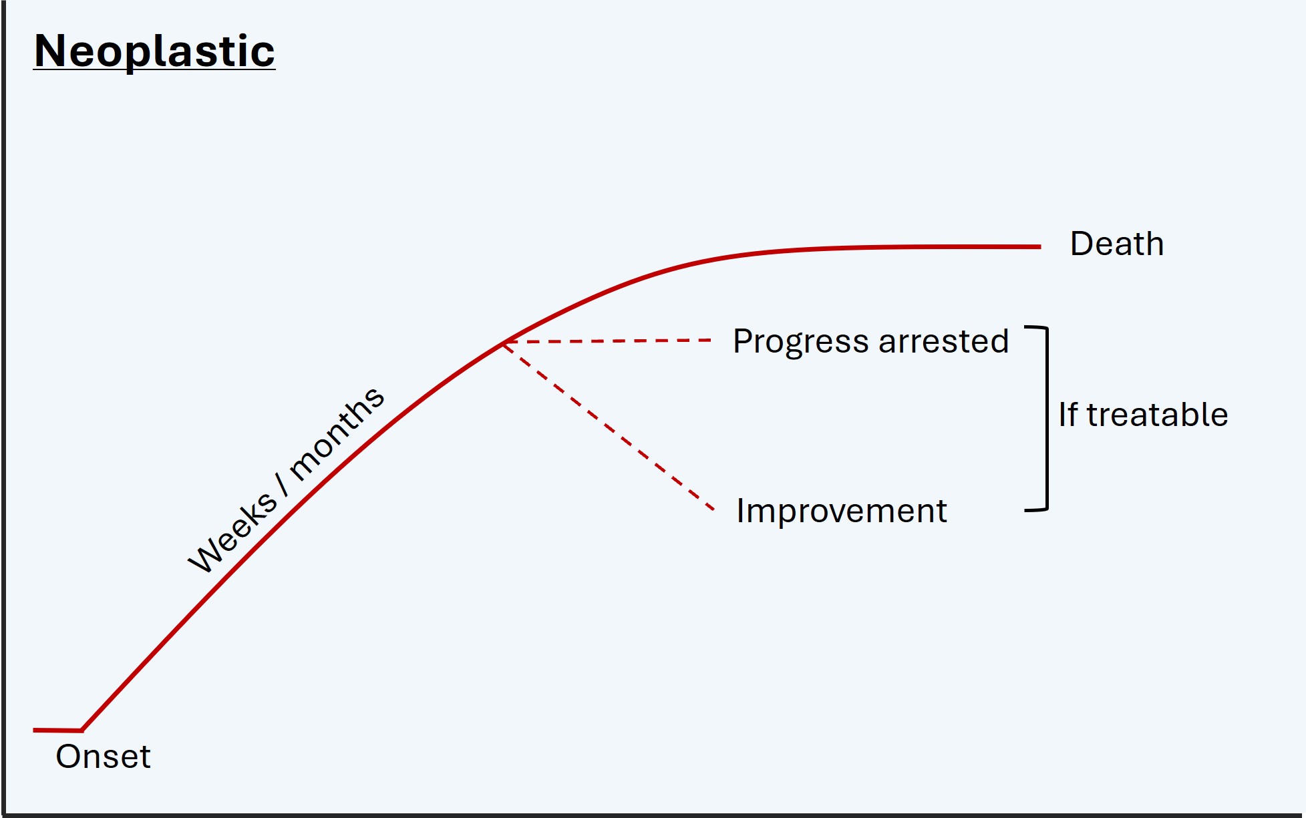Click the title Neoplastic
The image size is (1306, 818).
pyautogui.click(x=154, y=51)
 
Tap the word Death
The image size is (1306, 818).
pyautogui.click(x=1117, y=244)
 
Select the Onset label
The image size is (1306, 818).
pyautogui.click(x=104, y=757)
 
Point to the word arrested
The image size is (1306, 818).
pyautogui.click(x=944, y=342)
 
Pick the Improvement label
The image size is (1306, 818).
pyautogui.click(x=842, y=512)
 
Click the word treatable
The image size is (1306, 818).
pyautogui.click(x=1158, y=415)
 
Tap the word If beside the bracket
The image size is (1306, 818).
pyautogui.click(x=1068, y=415)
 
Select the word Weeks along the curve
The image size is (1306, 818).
pyautogui.click(x=232, y=532)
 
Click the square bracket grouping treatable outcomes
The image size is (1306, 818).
pyautogui.click(x=1047, y=419)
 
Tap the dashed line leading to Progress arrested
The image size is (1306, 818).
pyautogui.click(x=608, y=341)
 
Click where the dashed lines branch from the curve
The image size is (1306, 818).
pyautogui.click(x=504, y=343)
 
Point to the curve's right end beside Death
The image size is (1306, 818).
pyautogui.click(x=1040, y=246)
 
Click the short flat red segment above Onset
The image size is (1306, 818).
pyautogui.click(x=57, y=731)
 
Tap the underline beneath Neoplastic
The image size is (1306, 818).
pyautogui.click(x=154, y=69)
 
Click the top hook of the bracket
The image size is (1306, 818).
pyautogui.click(x=1036, y=328)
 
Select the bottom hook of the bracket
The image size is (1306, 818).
pyautogui.click(x=1036, y=509)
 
